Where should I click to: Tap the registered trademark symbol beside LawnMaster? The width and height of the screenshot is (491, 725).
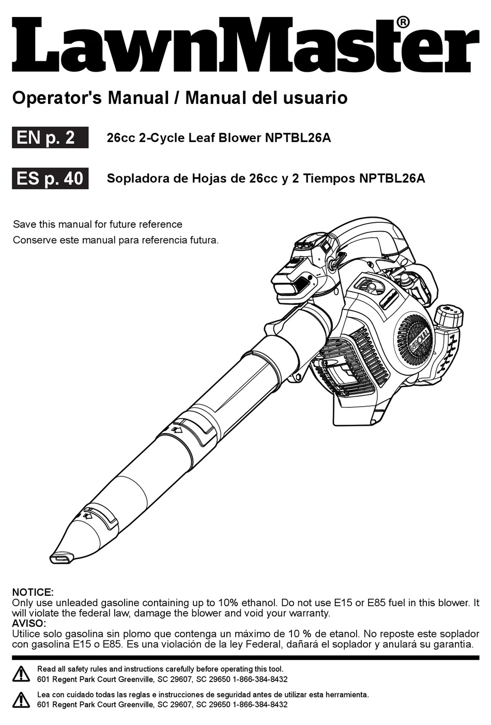[x=403, y=22]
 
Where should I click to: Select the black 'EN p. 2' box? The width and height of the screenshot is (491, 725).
[x=50, y=138]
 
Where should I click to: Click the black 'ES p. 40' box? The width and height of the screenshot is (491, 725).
[x=50, y=178]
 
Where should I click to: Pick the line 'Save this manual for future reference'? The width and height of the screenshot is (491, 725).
[x=97, y=224]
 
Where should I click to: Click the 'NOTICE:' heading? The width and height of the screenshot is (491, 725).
[x=33, y=592]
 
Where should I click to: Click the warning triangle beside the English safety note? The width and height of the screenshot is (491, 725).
[x=21, y=674]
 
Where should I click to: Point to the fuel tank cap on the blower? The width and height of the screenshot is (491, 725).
[x=449, y=315]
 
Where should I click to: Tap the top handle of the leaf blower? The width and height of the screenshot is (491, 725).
[x=362, y=238]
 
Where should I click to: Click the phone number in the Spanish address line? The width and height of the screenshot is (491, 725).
[x=260, y=704]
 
